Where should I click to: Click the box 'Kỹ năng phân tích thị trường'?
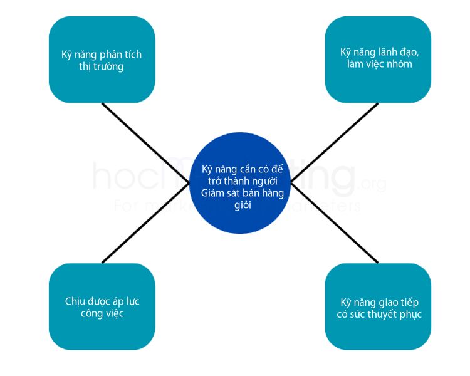(102, 60)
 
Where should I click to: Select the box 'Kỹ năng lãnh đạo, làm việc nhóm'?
(377, 60)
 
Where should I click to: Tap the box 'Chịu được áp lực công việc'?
(102, 307)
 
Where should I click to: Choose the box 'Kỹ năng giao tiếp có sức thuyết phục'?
(377, 307)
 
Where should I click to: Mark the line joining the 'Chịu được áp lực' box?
(144, 226)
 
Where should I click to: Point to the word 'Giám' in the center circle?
(214, 193)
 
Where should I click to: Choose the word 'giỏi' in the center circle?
(242, 205)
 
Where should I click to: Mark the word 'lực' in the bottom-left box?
(131, 301)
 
